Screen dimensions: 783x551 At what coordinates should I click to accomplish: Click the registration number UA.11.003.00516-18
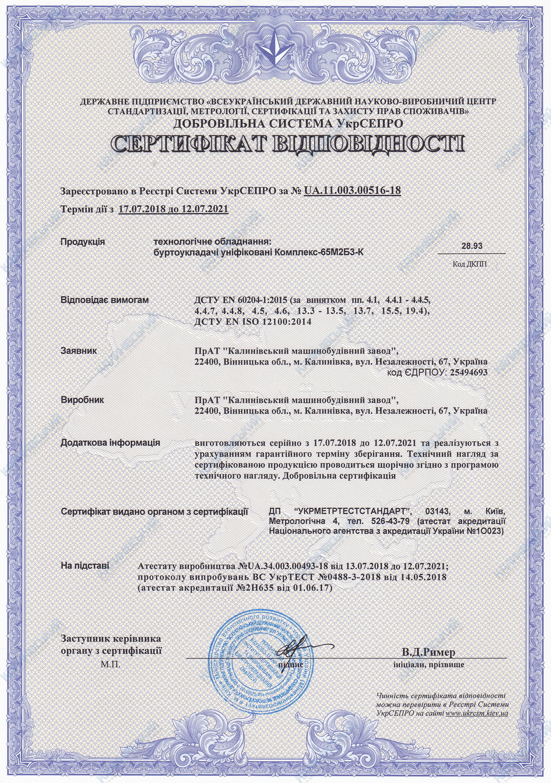click(x=352, y=191)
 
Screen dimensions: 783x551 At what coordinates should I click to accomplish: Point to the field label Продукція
click(x=82, y=242)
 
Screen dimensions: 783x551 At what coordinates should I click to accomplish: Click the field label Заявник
click(x=78, y=351)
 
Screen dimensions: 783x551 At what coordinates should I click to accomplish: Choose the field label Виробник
click(x=82, y=400)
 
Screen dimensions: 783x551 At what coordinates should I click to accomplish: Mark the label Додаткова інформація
click(x=110, y=442)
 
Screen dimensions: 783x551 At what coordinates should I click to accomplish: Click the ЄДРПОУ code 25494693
click(x=468, y=372)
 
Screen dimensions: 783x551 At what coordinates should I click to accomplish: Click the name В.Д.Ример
click(x=428, y=652)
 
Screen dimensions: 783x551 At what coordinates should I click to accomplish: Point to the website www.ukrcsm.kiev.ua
click(x=477, y=714)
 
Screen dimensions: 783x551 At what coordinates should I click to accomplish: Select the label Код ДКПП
click(x=470, y=264)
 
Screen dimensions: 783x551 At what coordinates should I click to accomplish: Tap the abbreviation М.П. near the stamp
click(x=111, y=664)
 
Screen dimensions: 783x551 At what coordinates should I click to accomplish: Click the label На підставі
click(x=85, y=565)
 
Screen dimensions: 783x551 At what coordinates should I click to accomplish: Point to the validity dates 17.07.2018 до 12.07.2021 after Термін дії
click(x=173, y=209)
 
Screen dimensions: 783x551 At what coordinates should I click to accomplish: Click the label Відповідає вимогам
click(x=105, y=300)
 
